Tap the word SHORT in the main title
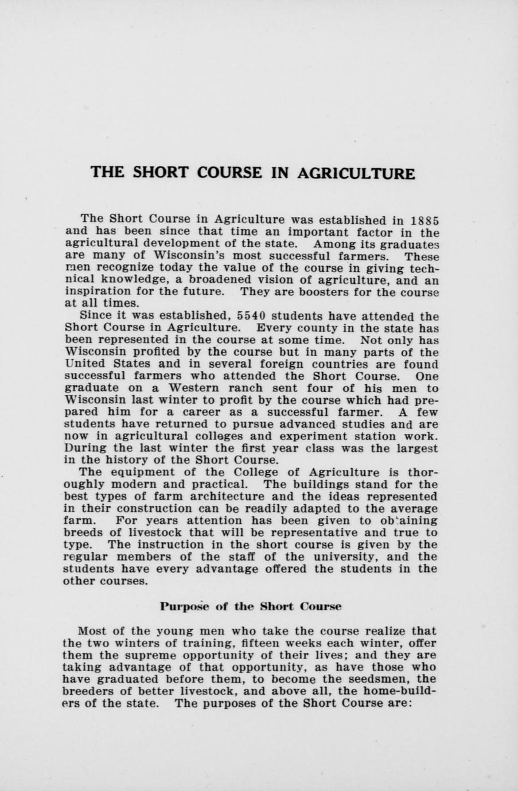[x=159, y=173]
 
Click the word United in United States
[x=85, y=364]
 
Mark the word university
[x=350, y=557]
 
